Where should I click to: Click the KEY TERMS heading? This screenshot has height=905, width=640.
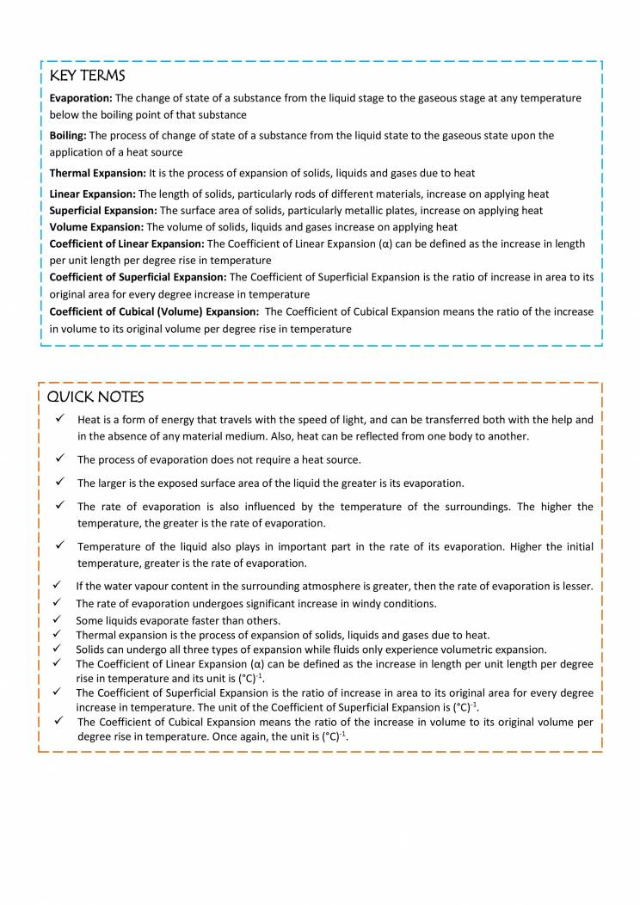pos(87,77)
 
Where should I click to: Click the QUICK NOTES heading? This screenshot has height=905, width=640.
pos(95,397)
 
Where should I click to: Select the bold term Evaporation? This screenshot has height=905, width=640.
pos(81,98)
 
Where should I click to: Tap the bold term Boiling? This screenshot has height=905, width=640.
pos(68,135)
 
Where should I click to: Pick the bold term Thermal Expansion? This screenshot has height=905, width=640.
pos(98,173)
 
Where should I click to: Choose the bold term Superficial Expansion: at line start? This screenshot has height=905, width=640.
pos(103,211)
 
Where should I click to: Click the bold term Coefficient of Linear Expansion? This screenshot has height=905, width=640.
pos(122,244)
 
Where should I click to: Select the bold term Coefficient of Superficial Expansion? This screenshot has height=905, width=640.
pos(138,277)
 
